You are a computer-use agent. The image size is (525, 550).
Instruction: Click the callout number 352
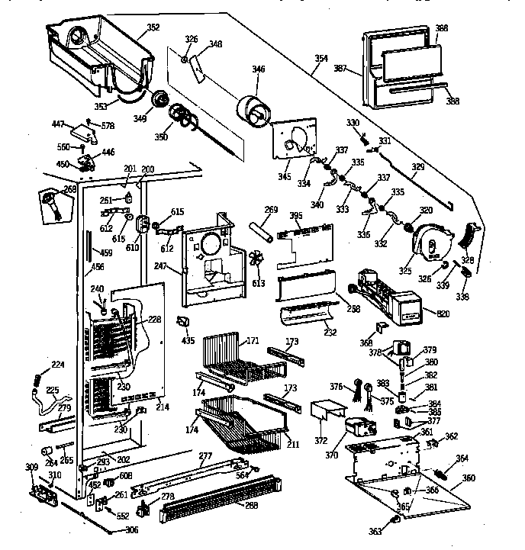pos(153,28)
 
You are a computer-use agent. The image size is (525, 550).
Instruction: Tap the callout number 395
pos(295,217)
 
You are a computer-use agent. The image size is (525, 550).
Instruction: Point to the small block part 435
pos(184,319)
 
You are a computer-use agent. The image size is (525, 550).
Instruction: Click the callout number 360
pos(469,478)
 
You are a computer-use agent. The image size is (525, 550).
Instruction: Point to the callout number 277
pos(205,456)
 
